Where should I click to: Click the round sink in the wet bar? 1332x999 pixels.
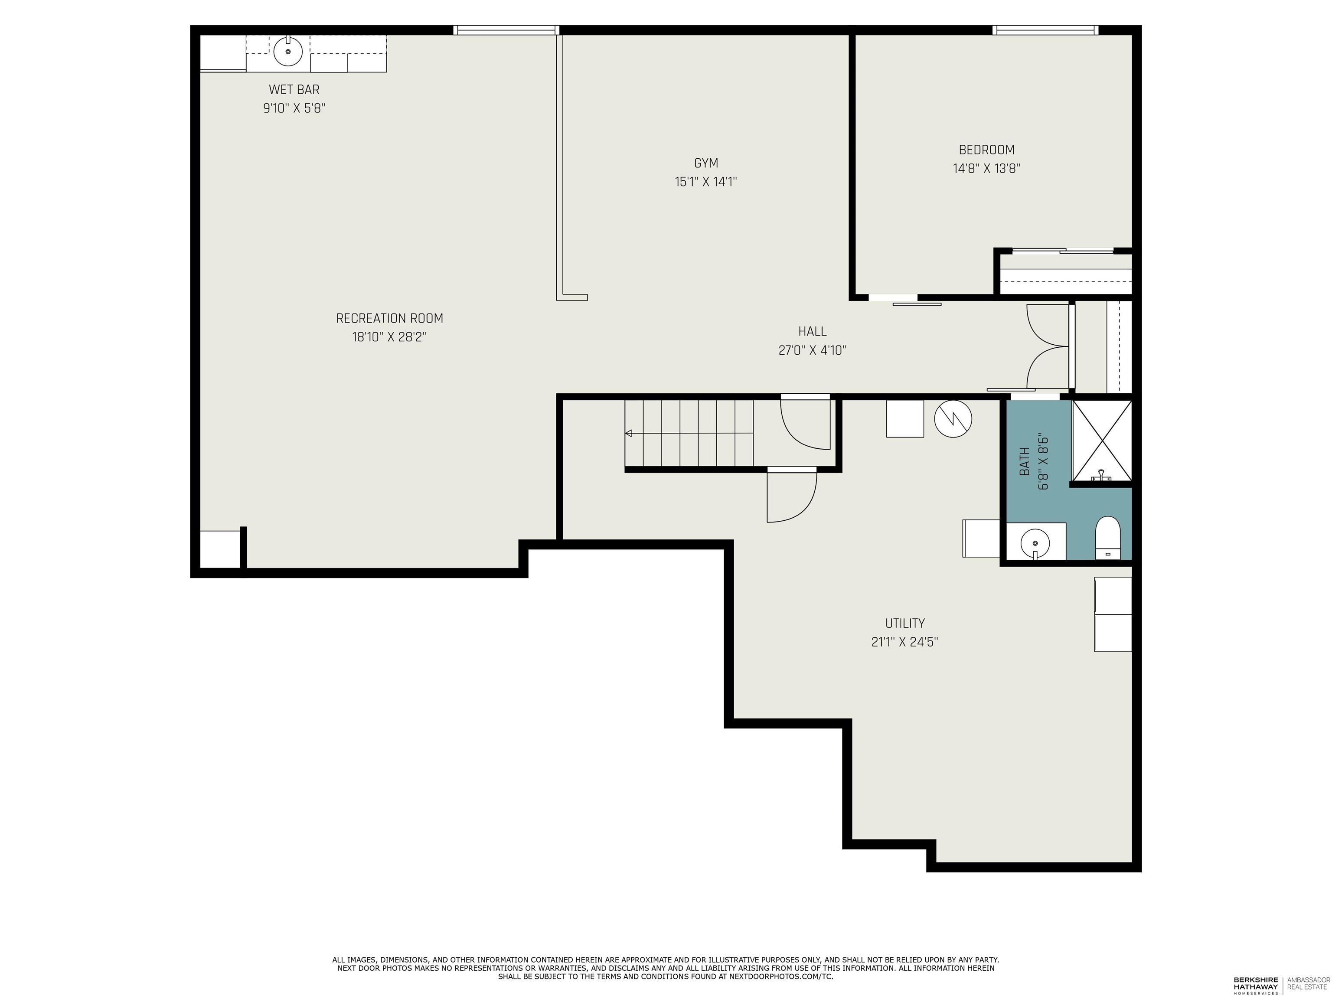[288, 52]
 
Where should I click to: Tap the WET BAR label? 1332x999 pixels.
[294, 90]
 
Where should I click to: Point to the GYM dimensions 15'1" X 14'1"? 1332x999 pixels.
[706, 182]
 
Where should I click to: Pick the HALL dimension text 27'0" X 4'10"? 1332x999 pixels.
[812, 350]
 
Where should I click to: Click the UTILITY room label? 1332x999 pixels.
[904, 623]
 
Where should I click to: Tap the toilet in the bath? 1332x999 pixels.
[1107, 538]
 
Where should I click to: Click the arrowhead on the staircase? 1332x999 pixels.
[629, 433]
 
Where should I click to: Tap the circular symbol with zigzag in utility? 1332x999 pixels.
[953, 419]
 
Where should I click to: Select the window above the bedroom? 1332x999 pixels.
[1045, 29]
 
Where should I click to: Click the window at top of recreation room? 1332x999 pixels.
[506, 29]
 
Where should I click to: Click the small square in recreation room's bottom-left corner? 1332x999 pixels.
[219, 548]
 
